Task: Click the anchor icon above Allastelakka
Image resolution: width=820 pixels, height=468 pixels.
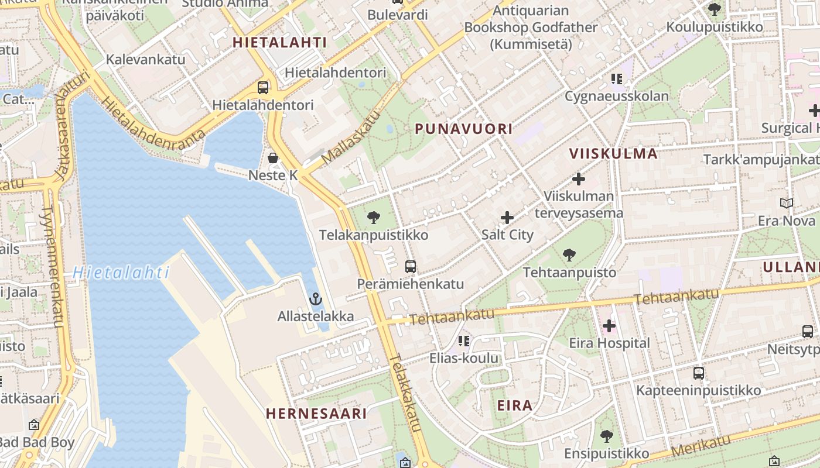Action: tap(316, 299)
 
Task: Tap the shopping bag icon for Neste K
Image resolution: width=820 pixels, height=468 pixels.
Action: tap(273, 157)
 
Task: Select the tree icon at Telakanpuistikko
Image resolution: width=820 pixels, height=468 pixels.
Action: tap(373, 218)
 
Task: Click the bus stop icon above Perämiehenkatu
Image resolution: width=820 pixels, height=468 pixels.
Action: tap(411, 267)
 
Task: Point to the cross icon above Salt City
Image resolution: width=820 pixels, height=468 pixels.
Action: tap(507, 218)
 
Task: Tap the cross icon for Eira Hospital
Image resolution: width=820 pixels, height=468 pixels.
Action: tap(609, 326)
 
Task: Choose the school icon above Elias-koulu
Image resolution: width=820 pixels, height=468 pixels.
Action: tap(464, 341)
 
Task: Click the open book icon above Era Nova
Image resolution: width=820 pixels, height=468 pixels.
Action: tap(787, 204)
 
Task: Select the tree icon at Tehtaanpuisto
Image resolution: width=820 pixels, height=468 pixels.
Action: tap(569, 255)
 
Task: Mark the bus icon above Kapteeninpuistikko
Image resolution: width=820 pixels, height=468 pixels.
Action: tap(698, 373)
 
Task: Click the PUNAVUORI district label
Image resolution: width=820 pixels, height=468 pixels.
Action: tap(464, 129)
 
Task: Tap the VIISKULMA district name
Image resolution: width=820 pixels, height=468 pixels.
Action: tap(614, 154)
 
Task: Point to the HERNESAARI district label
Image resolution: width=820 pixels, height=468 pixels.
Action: tap(316, 414)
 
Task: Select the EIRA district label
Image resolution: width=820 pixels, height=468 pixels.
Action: tap(515, 405)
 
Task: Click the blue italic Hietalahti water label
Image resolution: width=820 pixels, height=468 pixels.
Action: tap(121, 273)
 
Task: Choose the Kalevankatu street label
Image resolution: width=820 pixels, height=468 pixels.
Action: tap(145, 59)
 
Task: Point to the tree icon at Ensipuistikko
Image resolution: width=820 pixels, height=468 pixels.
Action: tap(607, 436)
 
